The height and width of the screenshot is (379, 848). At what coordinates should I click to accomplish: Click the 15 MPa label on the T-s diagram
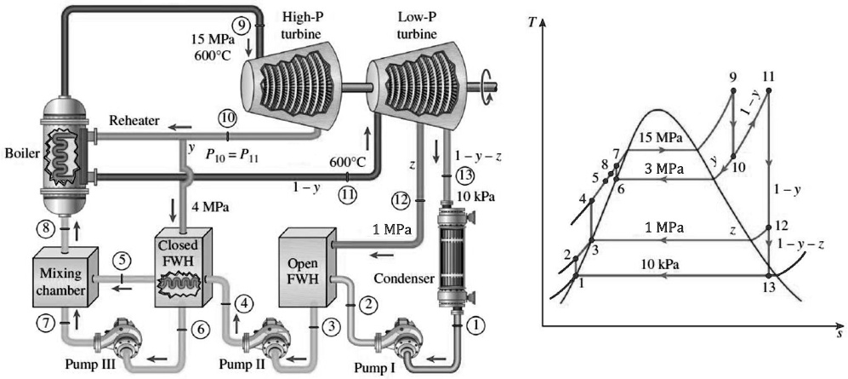658,138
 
